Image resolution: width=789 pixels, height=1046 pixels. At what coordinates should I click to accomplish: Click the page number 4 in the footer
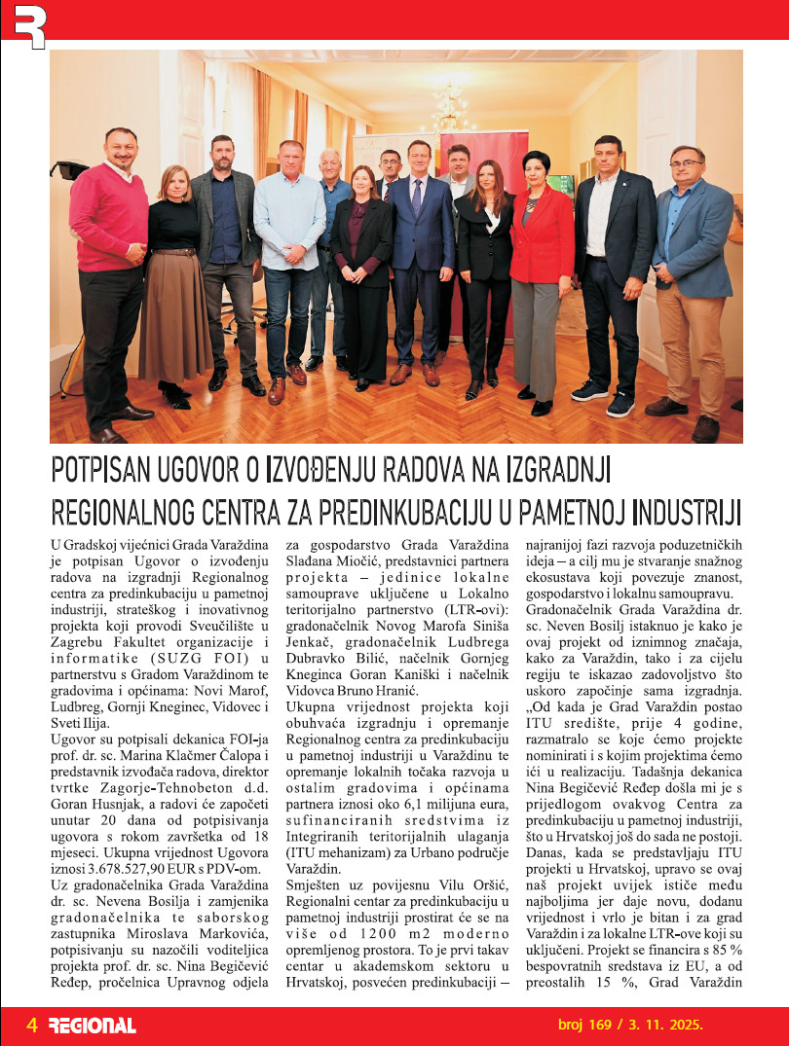tap(31, 1024)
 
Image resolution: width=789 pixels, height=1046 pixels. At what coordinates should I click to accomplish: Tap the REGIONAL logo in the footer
tap(92, 1025)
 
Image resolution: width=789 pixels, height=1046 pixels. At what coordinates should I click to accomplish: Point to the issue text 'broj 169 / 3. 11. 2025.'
tap(629, 1024)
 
